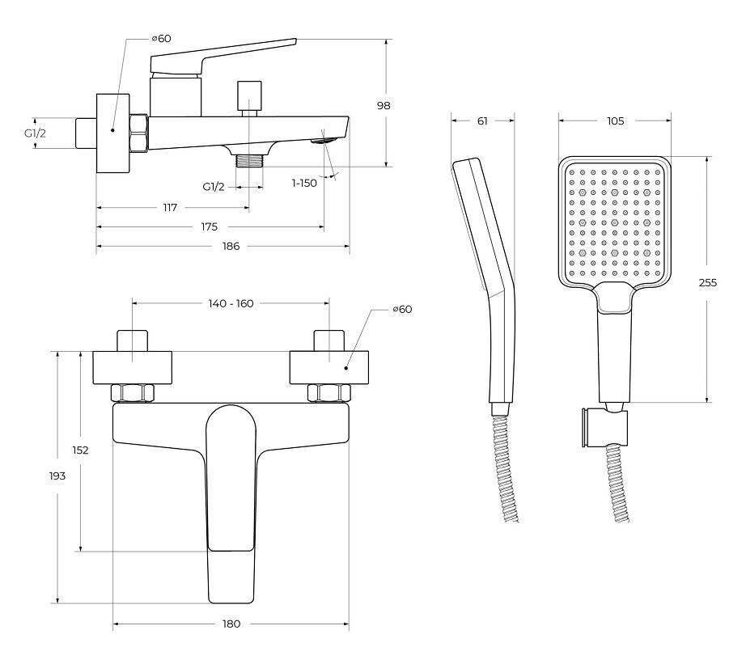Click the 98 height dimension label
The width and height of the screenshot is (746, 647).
[x=384, y=105]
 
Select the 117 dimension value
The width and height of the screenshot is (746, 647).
[x=170, y=208]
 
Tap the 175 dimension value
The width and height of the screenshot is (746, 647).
[x=209, y=226]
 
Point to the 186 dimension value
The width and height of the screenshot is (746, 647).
[x=231, y=246]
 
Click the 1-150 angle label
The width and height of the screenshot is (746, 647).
[x=304, y=183]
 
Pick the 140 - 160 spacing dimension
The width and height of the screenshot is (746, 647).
[x=231, y=303]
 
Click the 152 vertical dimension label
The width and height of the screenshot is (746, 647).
[x=80, y=450]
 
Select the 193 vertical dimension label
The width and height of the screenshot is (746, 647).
[x=57, y=476]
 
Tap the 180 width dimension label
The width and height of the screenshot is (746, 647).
[x=231, y=624]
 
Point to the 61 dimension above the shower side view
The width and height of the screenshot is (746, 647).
[x=482, y=121]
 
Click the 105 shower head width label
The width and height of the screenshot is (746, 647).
[x=615, y=121]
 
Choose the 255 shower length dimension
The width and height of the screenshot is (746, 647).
[x=707, y=282]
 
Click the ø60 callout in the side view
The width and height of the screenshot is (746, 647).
[x=161, y=39]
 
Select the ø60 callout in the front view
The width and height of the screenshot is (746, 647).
[x=402, y=310]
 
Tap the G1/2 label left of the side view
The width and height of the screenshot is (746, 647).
[x=36, y=133]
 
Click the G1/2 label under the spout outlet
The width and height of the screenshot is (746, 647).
[x=213, y=187]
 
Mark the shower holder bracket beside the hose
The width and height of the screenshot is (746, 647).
[x=604, y=427]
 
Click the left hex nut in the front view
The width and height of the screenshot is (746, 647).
[x=132, y=393]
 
